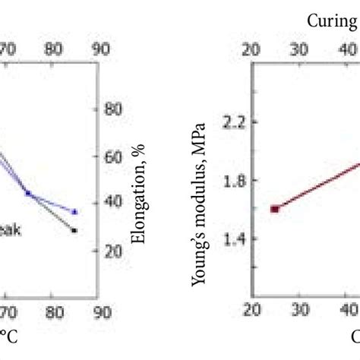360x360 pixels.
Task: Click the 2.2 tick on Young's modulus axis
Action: click(226, 122)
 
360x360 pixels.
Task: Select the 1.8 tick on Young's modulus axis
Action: click(226, 180)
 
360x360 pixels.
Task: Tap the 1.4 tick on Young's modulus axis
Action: click(226, 238)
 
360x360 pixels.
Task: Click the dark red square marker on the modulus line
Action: click(274, 209)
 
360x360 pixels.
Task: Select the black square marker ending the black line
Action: click(74, 229)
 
